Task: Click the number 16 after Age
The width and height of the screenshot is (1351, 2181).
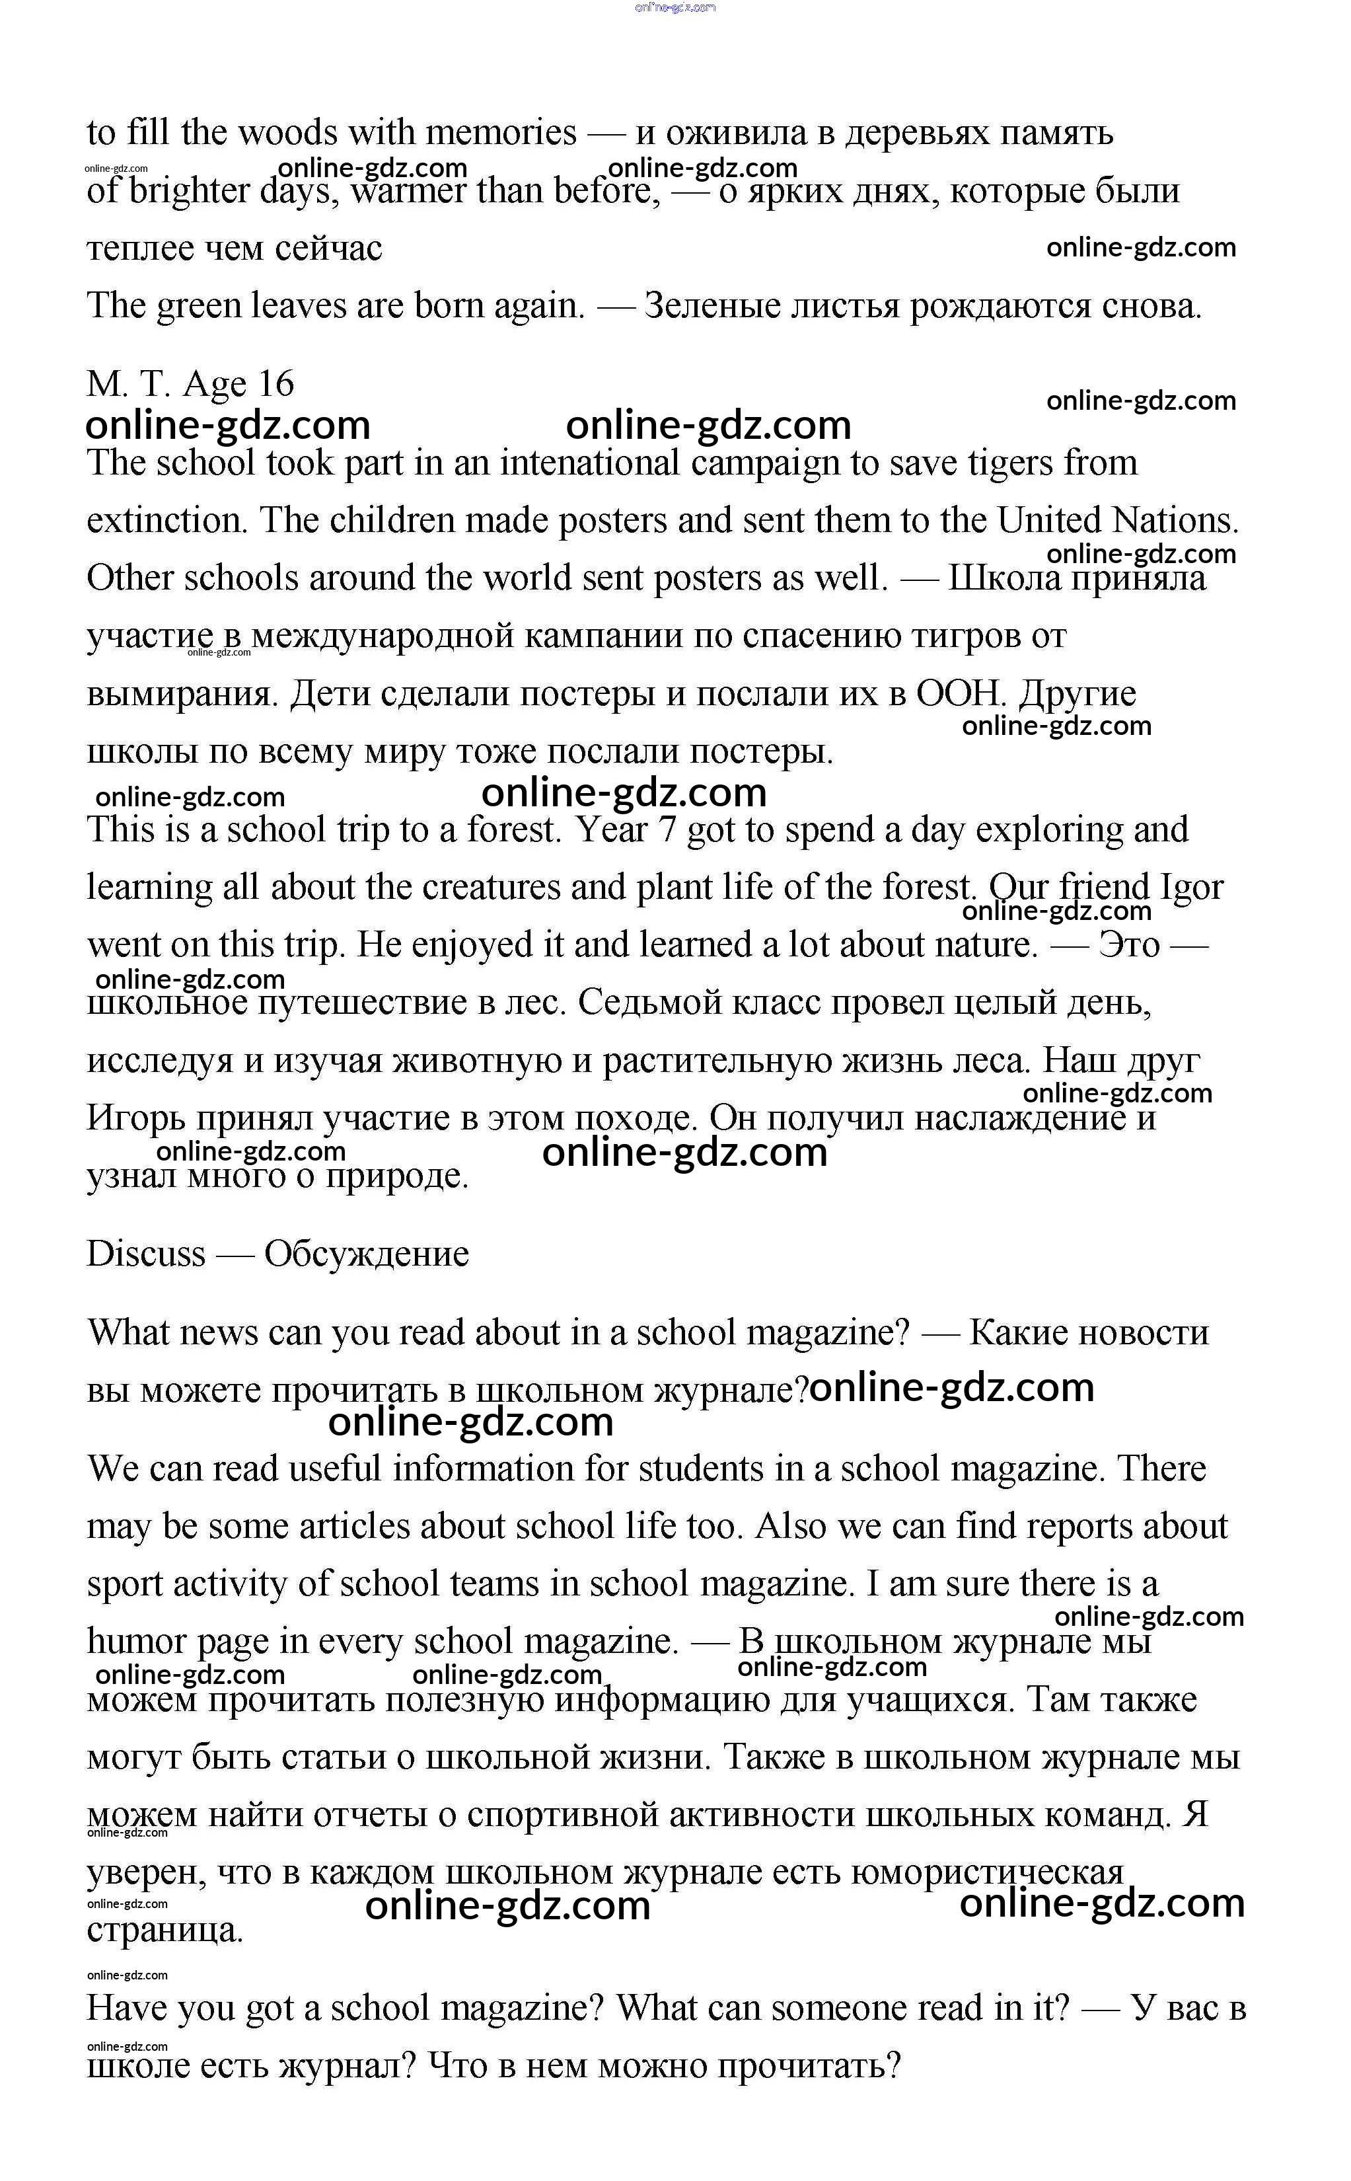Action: (275, 385)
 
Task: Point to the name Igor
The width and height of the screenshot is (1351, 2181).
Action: (1191, 888)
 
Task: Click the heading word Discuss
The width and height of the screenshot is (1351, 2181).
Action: (145, 1254)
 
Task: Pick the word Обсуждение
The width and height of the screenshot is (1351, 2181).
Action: (367, 1254)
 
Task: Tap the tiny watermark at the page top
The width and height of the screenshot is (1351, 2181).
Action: (675, 7)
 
